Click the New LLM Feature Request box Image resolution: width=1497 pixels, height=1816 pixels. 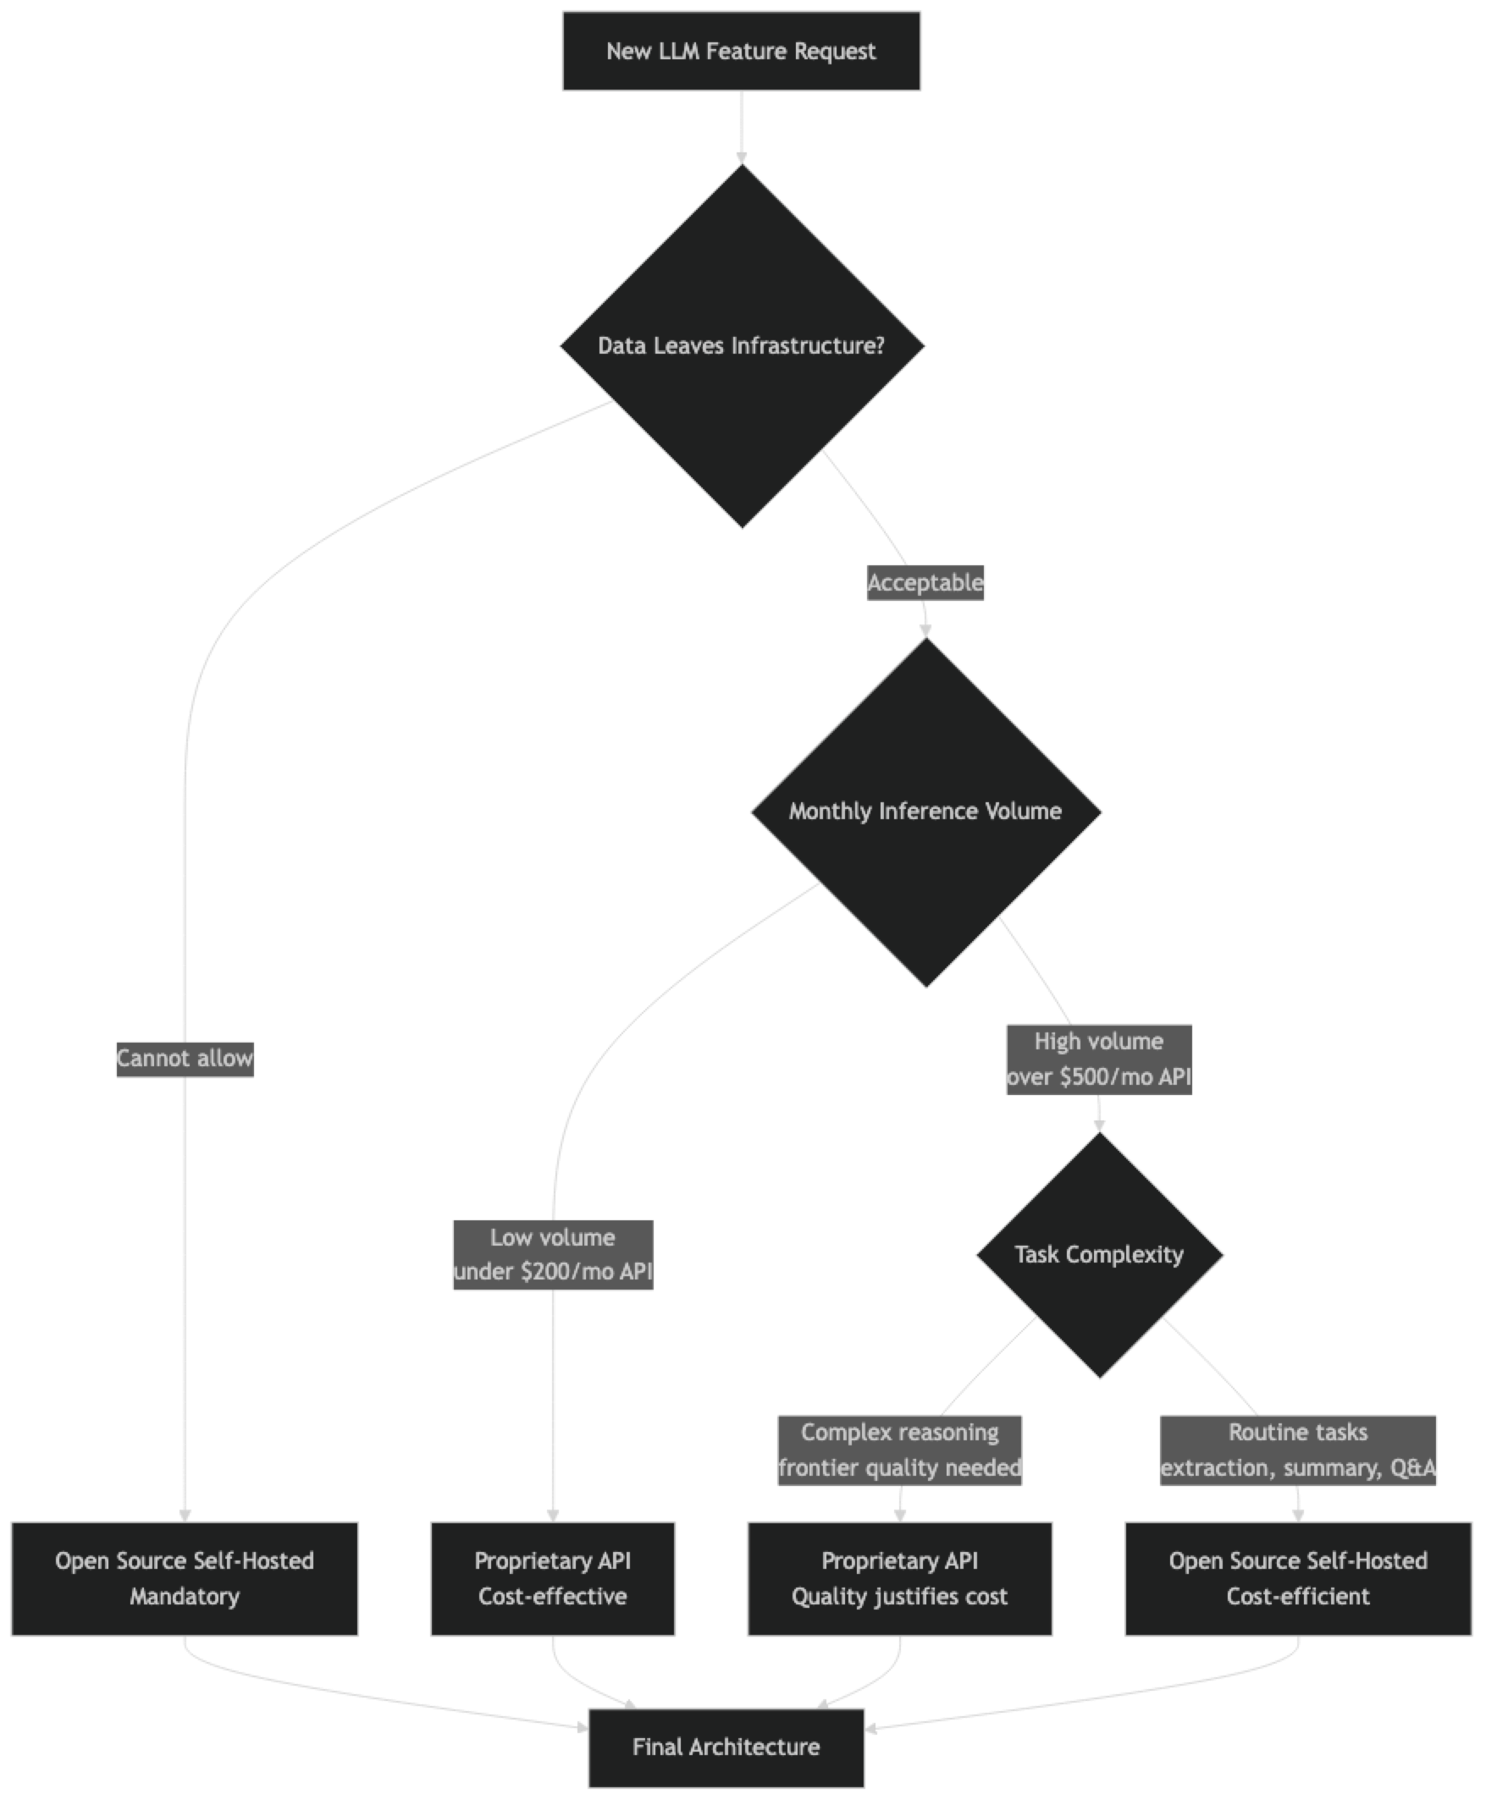pyautogui.click(x=741, y=51)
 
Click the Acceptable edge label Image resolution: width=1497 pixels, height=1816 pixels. pyautogui.click(x=925, y=583)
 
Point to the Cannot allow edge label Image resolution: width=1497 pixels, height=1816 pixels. pyautogui.click(x=185, y=1059)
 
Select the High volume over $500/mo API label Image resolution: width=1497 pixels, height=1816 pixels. pyautogui.click(x=1098, y=1059)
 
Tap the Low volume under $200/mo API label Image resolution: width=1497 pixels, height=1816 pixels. pyautogui.click(x=553, y=1255)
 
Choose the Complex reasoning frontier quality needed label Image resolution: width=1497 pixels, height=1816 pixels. pyautogui.click(x=899, y=1450)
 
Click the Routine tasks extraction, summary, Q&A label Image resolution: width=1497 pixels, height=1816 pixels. pyautogui.click(x=1298, y=1450)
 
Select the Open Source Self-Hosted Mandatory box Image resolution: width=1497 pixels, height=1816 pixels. pyautogui.click(x=185, y=1578)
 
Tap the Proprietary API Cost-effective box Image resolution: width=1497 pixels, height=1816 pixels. pyautogui.click(x=553, y=1578)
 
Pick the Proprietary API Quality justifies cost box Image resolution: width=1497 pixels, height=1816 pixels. pyautogui.click(x=899, y=1578)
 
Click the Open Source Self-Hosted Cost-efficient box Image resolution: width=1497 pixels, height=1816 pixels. pyautogui.click(x=1298, y=1578)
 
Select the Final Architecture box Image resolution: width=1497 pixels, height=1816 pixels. pyautogui.click(x=726, y=1747)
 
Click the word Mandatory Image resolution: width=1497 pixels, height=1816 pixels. pyautogui.click(x=185, y=1596)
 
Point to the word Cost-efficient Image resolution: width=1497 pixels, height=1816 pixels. pyautogui.click(x=1298, y=1596)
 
